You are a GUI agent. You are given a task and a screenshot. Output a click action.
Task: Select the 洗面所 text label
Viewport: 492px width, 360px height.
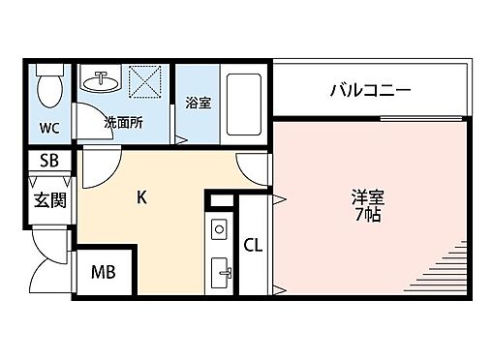click(123, 122)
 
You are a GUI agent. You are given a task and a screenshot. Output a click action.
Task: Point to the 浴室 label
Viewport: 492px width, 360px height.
click(198, 103)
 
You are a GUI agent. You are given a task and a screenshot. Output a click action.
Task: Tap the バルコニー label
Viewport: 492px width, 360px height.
click(370, 92)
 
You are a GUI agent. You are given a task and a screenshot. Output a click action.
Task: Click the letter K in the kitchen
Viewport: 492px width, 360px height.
click(141, 198)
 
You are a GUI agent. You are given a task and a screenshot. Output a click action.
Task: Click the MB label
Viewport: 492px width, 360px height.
click(104, 273)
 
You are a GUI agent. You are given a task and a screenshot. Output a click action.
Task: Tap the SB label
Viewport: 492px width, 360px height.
click(48, 161)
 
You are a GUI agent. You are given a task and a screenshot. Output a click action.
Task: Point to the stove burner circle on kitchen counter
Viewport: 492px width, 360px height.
click(219, 229)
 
